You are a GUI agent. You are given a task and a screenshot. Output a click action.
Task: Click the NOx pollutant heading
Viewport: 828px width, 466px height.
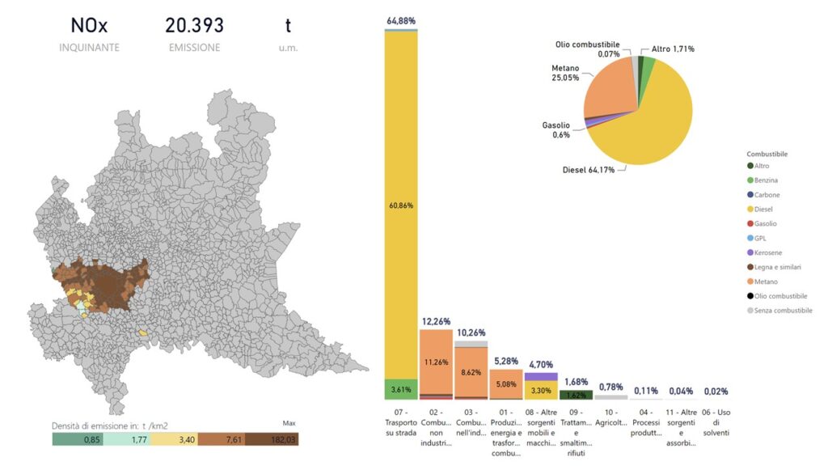coord(89,26)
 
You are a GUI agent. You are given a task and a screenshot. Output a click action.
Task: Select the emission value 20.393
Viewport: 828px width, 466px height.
coord(194,26)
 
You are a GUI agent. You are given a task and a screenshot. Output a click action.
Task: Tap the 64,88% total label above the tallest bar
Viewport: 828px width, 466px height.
coord(401,19)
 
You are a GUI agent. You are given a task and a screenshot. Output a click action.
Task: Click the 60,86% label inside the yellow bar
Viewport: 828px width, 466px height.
coord(401,205)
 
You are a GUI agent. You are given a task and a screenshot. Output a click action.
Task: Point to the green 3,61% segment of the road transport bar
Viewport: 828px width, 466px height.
coord(401,389)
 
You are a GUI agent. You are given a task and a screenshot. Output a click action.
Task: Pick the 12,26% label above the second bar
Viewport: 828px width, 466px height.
coord(436,321)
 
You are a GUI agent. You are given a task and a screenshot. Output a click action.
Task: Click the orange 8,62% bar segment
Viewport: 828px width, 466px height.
coord(471,371)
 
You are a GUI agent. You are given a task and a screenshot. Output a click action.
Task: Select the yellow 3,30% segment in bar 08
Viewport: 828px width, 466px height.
coord(541,390)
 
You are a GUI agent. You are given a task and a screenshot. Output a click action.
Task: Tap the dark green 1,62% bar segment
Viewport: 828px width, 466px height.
coord(576,396)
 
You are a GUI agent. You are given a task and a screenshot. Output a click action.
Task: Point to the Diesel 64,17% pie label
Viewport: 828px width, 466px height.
coord(589,170)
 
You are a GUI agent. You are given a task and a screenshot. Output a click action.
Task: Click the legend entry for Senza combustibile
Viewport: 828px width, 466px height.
coord(779,311)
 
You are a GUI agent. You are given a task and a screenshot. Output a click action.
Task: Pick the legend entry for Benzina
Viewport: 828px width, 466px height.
coord(767,180)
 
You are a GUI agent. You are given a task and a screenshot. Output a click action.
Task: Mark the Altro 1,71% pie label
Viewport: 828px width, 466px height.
coord(673,49)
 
